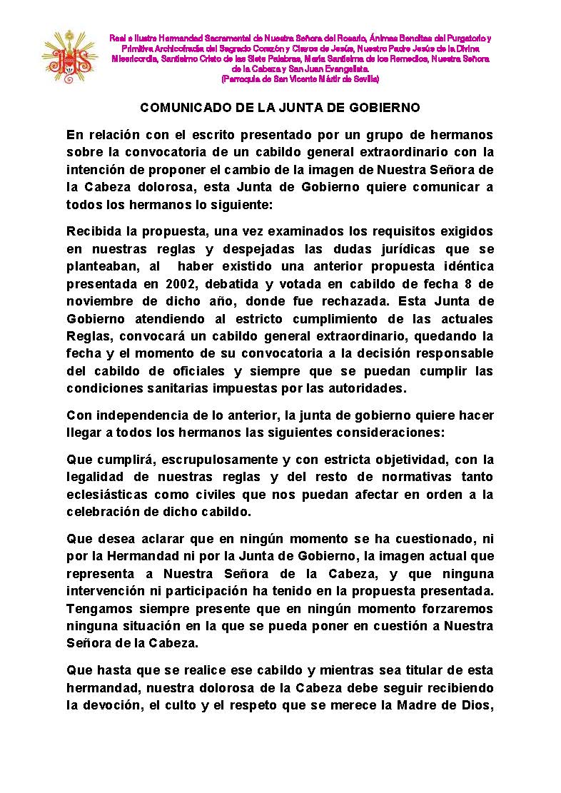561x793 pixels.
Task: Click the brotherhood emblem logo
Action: click(69, 56)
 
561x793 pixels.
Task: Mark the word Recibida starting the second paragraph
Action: click(96, 231)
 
